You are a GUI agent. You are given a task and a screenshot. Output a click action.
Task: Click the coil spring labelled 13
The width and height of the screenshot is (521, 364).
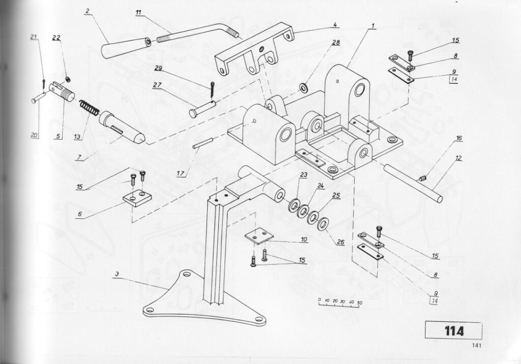click(90, 109)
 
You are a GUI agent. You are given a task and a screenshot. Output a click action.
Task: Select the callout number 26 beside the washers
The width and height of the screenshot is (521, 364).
click(340, 242)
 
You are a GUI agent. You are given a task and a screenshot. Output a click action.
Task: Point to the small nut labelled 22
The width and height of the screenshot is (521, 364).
click(67, 79)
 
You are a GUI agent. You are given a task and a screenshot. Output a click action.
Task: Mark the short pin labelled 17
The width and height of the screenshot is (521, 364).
click(202, 144)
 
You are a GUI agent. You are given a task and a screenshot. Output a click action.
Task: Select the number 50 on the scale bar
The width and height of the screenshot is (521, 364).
click(359, 302)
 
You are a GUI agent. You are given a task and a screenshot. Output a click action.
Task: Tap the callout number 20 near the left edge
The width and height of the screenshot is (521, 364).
click(34, 135)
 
